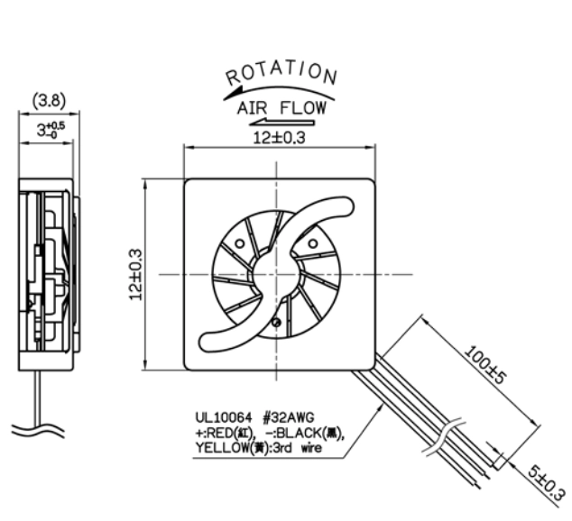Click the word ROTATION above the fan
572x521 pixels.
click(281, 74)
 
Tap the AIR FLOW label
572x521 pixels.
click(281, 108)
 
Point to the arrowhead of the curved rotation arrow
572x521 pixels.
click(233, 93)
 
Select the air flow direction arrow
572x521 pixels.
click(281, 122)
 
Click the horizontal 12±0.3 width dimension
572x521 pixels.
click(279, 138)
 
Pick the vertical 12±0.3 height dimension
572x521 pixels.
click(135, 274)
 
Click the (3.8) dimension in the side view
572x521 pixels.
click(50, 100)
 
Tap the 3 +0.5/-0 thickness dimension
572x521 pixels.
click(51, 130)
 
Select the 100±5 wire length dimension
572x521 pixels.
click(485, 365)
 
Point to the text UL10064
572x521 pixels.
click(224, 417)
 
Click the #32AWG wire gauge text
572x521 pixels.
click(288, 417)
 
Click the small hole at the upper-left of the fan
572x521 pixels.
click(239, 243)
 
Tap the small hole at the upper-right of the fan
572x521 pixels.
click(313, 243)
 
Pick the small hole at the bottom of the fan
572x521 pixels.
click(276, 322)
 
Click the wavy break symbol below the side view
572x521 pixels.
click(38, 430)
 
